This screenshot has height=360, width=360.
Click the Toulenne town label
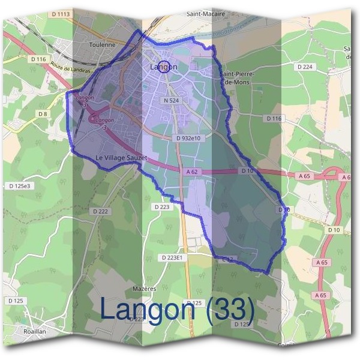click(x=101, y=44)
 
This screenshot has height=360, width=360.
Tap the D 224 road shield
click(x=305, y=67)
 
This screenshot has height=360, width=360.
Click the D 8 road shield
click(x=43, y=113)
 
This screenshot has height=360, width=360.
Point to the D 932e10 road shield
click(x=191, y=138)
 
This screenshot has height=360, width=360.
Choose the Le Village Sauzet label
click(x=121, y=157)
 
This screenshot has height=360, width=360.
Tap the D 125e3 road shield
click(x=19, y=187)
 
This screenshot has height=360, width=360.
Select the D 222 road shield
click(x=101, y=211)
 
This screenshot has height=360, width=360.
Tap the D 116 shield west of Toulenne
click(x=38, y=59)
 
